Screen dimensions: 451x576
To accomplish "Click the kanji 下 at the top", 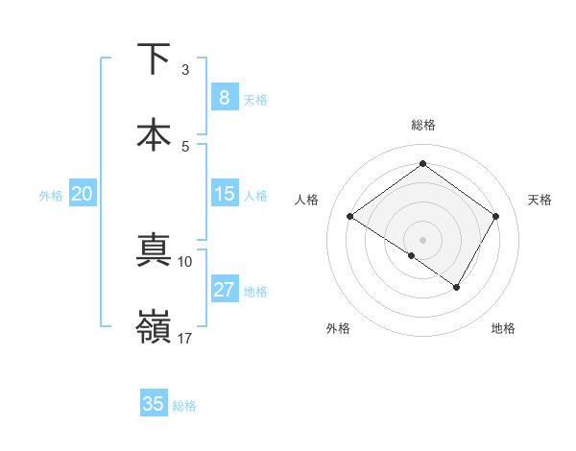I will (155, 59).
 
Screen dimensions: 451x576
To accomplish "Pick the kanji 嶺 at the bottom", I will (155, 327).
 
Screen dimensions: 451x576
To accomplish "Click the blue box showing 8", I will (224, 98).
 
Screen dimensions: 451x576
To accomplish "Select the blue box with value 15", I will (224, 194).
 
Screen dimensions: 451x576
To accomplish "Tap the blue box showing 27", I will (224, 290).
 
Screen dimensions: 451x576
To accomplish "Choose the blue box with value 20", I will (83, 194).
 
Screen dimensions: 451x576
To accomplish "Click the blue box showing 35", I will (154, 404).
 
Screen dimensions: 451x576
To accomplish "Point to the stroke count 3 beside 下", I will (185, 70).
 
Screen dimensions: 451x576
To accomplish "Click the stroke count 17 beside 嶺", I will (185, 338).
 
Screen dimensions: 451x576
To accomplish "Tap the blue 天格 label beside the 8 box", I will (255, 100).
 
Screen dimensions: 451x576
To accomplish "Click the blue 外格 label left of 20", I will (51, 196).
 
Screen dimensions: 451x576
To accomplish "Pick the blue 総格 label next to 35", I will (184, 406).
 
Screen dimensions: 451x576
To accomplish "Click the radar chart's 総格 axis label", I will (422, 125).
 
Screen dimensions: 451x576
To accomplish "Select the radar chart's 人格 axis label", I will (307, 200).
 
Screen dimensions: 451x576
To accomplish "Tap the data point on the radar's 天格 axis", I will (495, 216).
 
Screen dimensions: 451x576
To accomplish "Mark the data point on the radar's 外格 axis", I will (411, 255).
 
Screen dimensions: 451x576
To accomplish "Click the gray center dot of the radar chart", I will (422, 239).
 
